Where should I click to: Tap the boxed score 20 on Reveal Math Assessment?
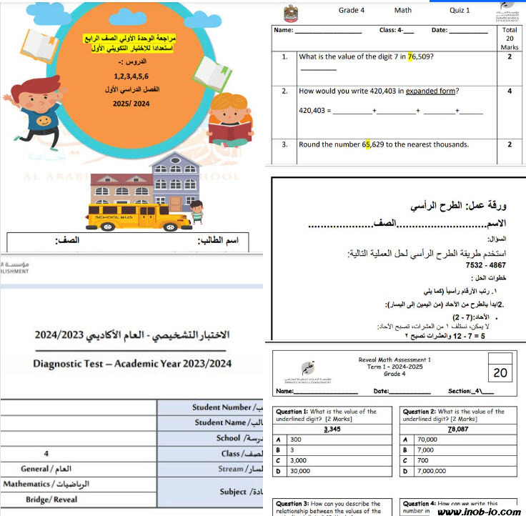(500, 372)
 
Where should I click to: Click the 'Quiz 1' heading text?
(460, 11)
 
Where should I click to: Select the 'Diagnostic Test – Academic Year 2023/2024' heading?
(132, 363)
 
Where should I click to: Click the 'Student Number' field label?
(222, 407)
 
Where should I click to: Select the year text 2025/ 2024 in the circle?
(131, 104)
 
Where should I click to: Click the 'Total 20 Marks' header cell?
(510, 39)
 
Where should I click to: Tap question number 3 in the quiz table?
(284, 144)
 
